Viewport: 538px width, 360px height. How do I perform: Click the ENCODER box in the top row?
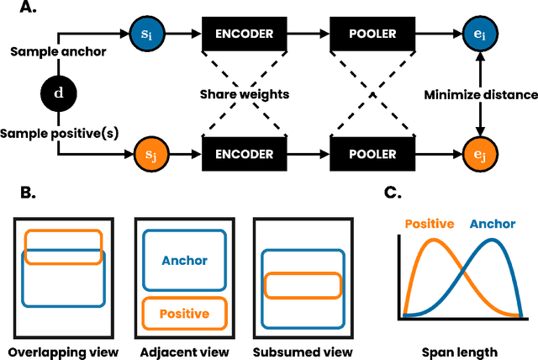tap(245, 36)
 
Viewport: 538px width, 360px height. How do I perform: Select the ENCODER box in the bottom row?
tap(245, 154)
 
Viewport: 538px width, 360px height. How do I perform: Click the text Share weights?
tap(244, 95)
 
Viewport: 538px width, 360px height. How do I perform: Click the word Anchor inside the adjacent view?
tap(183, 261)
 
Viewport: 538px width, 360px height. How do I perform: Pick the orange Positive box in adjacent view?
tap(183, 313)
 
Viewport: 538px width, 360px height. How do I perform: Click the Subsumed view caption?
tap(303, 351)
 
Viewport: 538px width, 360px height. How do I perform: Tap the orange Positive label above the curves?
tap(430, 224)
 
